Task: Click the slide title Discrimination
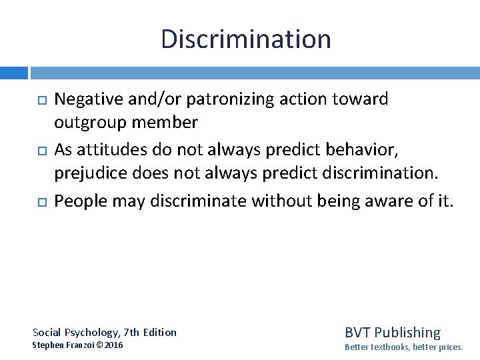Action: click(x=245, y=39)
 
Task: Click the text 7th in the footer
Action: click(x=130, y=332)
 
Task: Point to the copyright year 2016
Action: click(x=114, y=345)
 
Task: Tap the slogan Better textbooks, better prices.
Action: click(x=403, y=347)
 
